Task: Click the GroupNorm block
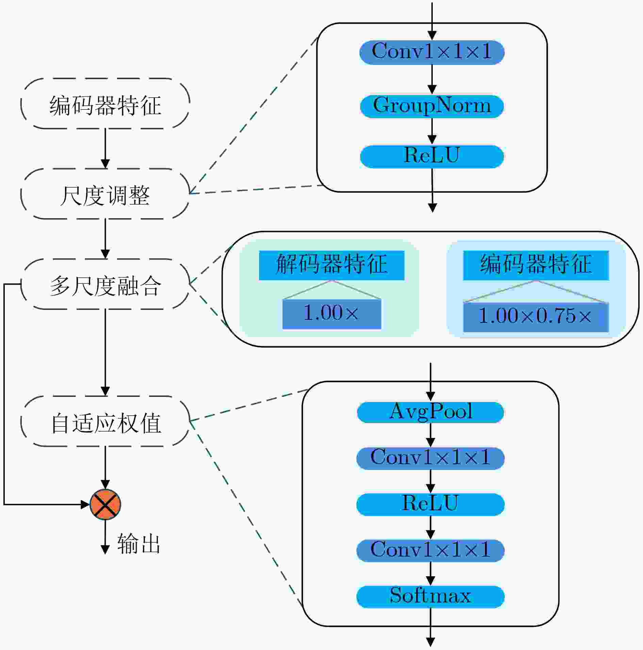432,106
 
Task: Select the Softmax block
430,597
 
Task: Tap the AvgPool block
430,412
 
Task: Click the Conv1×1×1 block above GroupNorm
432,52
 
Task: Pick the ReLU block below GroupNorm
432,157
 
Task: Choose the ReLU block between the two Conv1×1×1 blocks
430,504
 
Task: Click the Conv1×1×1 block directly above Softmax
430,550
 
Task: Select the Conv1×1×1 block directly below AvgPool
430,458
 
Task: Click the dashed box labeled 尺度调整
105,194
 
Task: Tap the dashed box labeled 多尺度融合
105,284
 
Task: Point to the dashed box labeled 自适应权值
105,421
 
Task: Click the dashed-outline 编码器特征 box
105,104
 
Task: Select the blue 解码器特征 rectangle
332,265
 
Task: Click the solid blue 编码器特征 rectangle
536,265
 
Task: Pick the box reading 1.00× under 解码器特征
332,314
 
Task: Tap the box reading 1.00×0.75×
536,317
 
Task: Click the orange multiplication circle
105,505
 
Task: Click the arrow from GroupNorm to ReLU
432,131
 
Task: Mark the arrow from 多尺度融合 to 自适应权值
105,353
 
